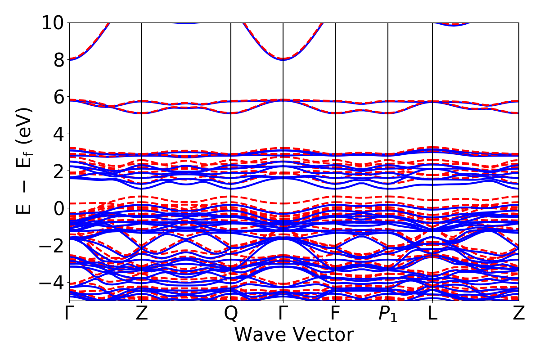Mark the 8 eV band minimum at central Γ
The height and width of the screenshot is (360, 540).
coord(283,59)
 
